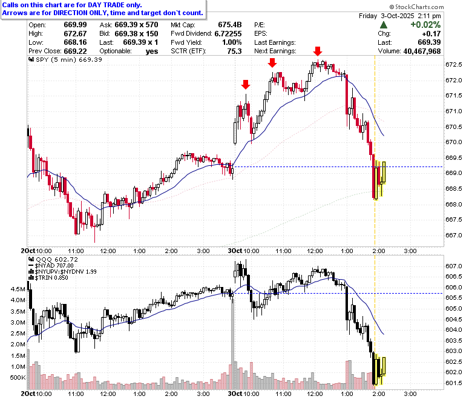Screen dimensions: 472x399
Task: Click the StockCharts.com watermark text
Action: pos(416,7)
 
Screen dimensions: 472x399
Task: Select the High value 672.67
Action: pos(75,33)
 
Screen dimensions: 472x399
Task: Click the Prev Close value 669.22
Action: pos(75,51)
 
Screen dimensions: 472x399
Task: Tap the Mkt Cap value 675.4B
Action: pos(230,25)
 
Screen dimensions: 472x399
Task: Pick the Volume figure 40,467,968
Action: pos(422,51)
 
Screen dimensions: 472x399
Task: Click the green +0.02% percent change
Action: pos(425,25)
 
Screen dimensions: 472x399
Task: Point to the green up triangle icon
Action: pos(384,25)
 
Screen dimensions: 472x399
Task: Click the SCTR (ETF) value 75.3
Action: pos(235,51)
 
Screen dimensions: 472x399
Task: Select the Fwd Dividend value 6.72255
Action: pos(228,33)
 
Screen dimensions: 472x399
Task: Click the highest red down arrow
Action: pos(318,51)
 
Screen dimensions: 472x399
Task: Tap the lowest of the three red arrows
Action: pos(246,85)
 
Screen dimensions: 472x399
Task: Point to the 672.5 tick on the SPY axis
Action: pos(454,65)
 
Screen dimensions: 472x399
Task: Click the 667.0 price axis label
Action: pos(454,235)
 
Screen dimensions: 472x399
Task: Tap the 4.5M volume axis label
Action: pos(18,289)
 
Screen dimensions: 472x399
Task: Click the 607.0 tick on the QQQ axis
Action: pos(454,266)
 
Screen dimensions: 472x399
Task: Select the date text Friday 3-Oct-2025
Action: pos(387,16)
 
